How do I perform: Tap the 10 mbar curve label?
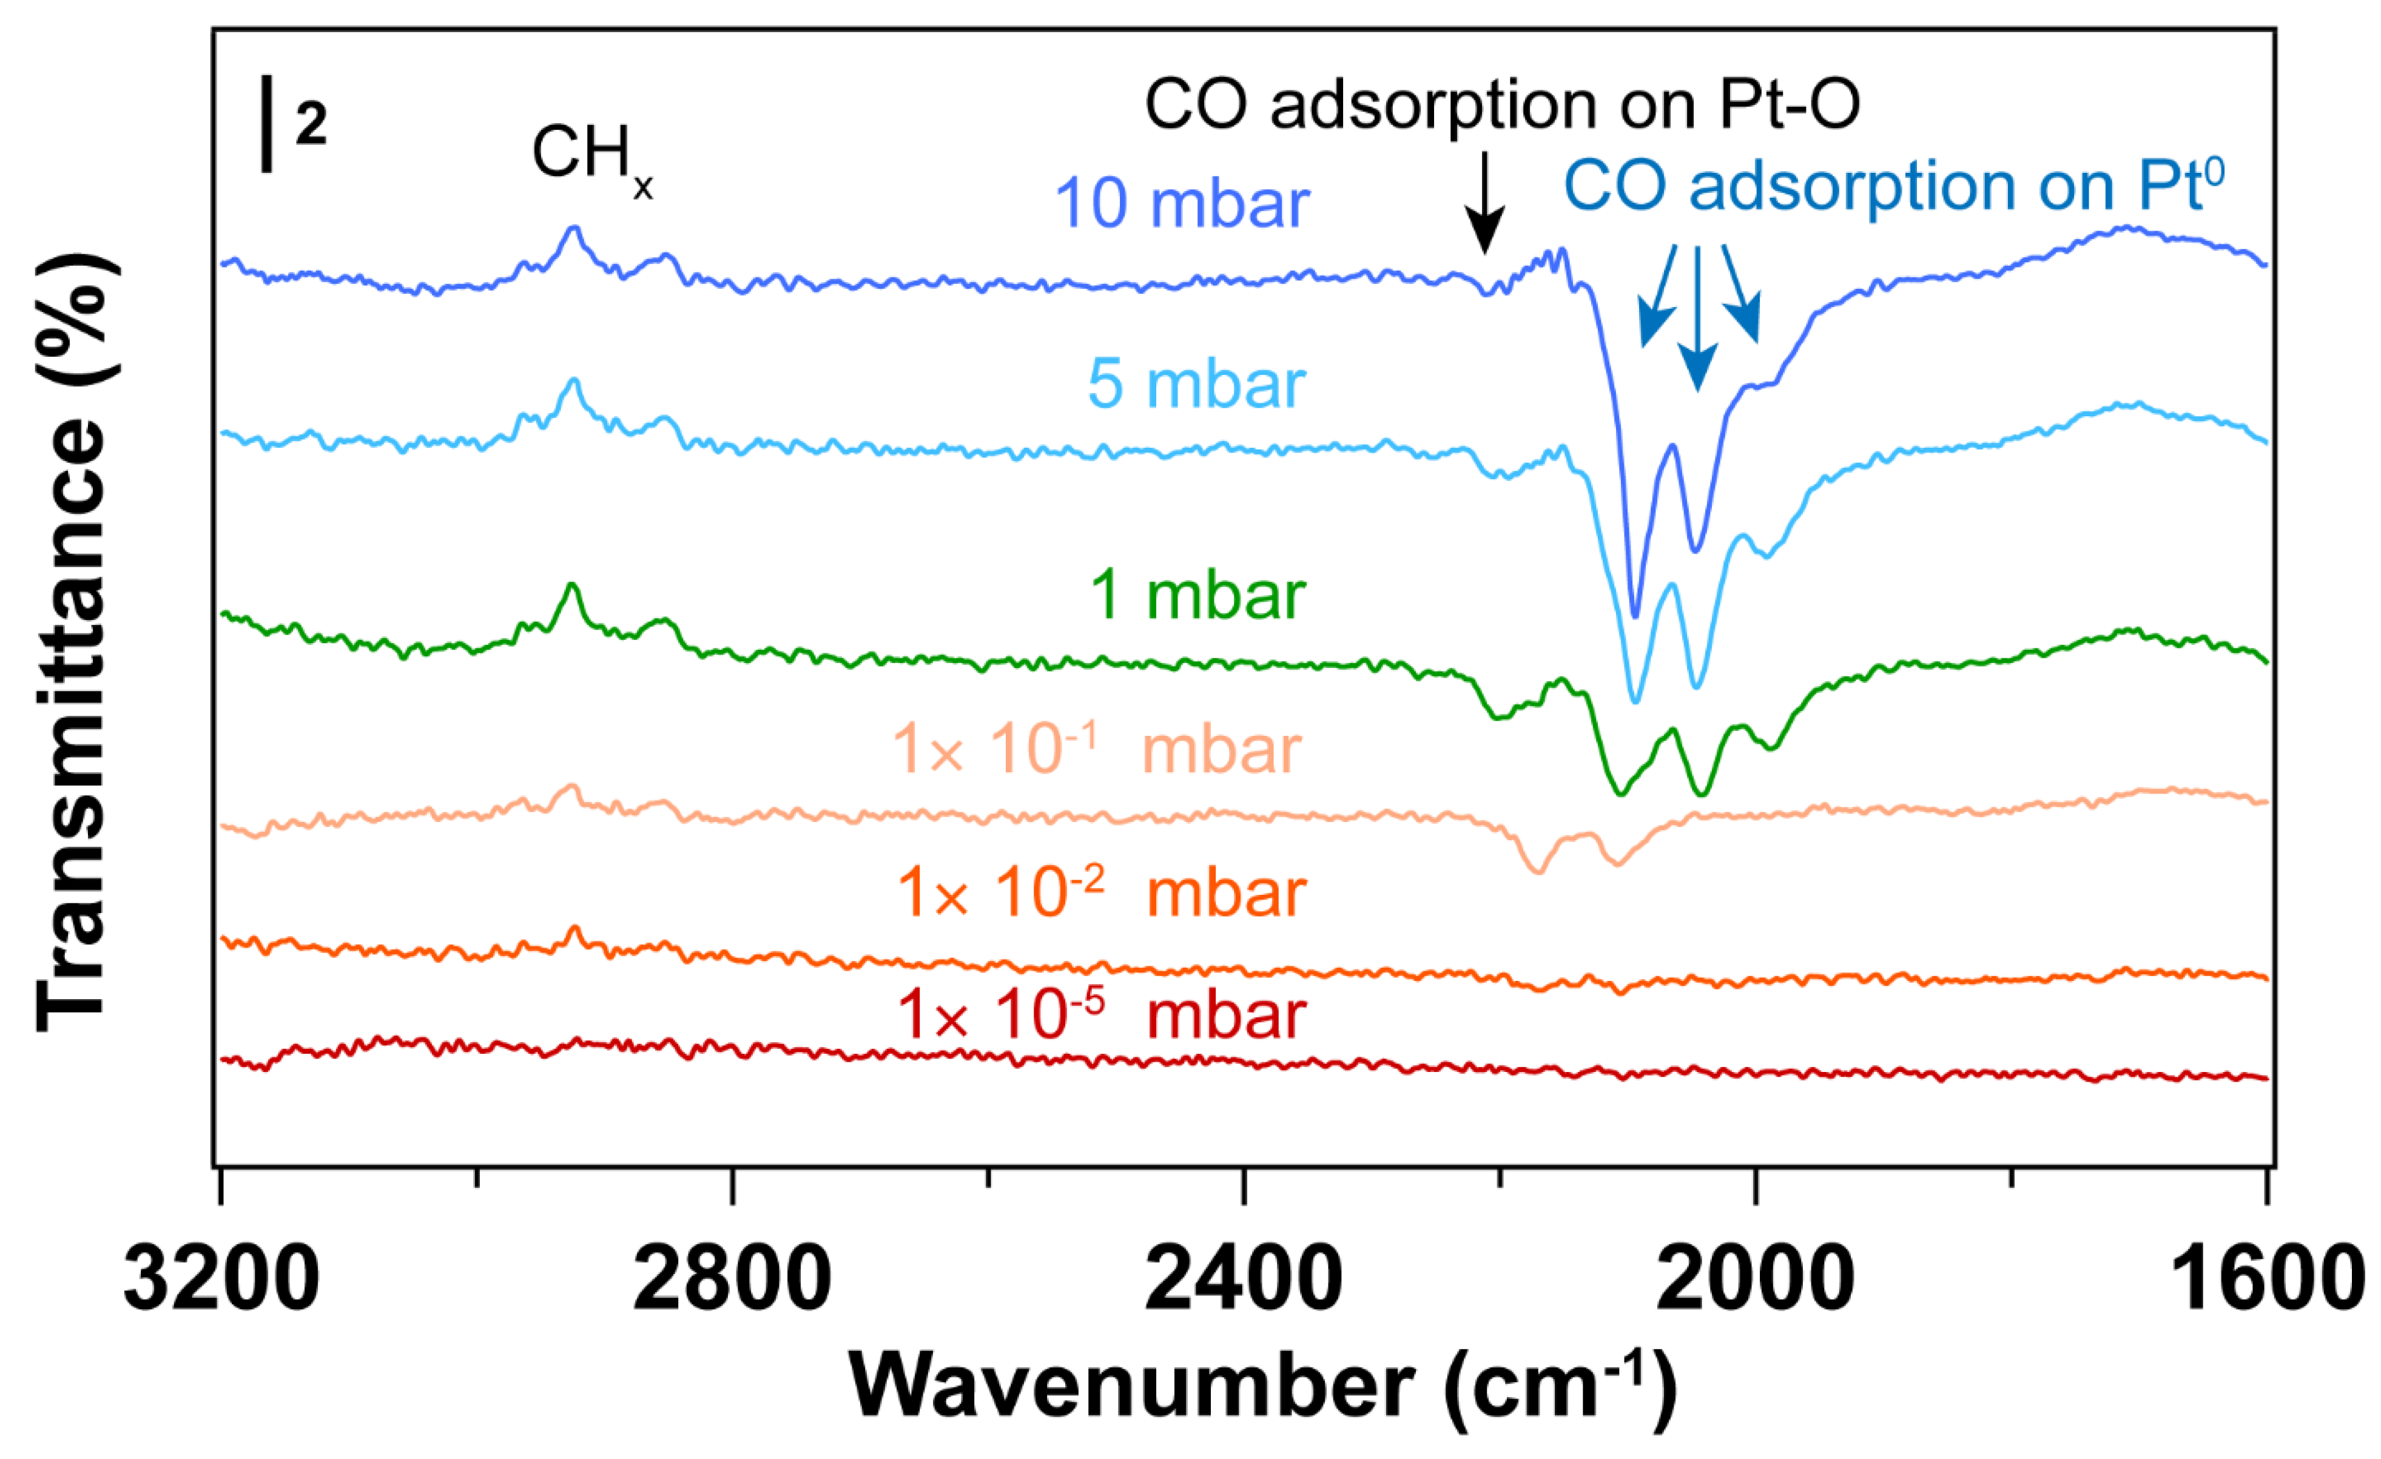[x=1181, y=204]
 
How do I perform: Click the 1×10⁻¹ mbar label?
[x=1096, y=749]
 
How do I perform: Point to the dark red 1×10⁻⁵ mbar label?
[x=1102, y=1014]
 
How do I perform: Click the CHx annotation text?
[x=591, y=155]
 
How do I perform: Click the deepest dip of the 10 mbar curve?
[x=1634, y=615]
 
